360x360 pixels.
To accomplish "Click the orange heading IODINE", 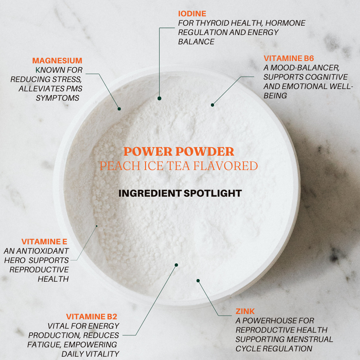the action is (x=192, y=14).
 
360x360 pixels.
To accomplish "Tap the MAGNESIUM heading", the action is (x=57, y=61).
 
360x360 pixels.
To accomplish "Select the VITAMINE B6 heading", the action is (x=289, y=58).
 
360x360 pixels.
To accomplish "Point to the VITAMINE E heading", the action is (x=44, y=242).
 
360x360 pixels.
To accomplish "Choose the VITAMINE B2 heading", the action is (x=92, y=317).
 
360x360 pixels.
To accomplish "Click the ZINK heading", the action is (x=245, y=311).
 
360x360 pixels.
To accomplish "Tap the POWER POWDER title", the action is (x=179, y=152).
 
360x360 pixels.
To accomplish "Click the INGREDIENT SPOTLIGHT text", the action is (x=180, y=193).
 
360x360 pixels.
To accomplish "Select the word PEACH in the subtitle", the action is (x=120, y=166).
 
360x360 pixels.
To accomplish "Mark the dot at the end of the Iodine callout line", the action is (x=159, y=98).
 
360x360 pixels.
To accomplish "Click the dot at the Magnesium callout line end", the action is (x=119, y=109).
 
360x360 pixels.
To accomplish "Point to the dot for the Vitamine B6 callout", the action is (x=212, y=105).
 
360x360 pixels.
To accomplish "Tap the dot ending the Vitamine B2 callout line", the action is (x=176, y=265).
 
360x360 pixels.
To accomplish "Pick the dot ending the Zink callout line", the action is (x=198, y=281).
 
